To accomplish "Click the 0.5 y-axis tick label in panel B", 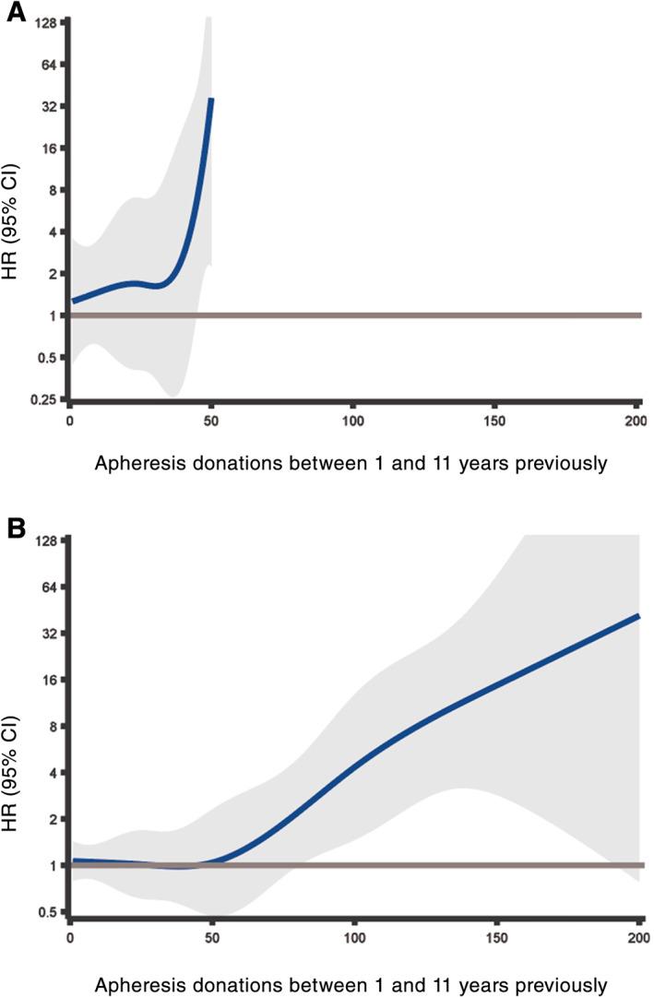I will click(46, 912).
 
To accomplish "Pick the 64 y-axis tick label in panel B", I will click(48, 587).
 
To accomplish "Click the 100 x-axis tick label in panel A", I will click(351, 422).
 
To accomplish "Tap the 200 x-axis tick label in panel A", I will click(636, 422).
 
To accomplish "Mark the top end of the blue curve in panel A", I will click(211, 99).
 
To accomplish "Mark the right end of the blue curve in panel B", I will click(638, 615).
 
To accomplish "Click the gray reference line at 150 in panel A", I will click(494, 315).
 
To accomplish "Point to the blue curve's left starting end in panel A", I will click(74, 301).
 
